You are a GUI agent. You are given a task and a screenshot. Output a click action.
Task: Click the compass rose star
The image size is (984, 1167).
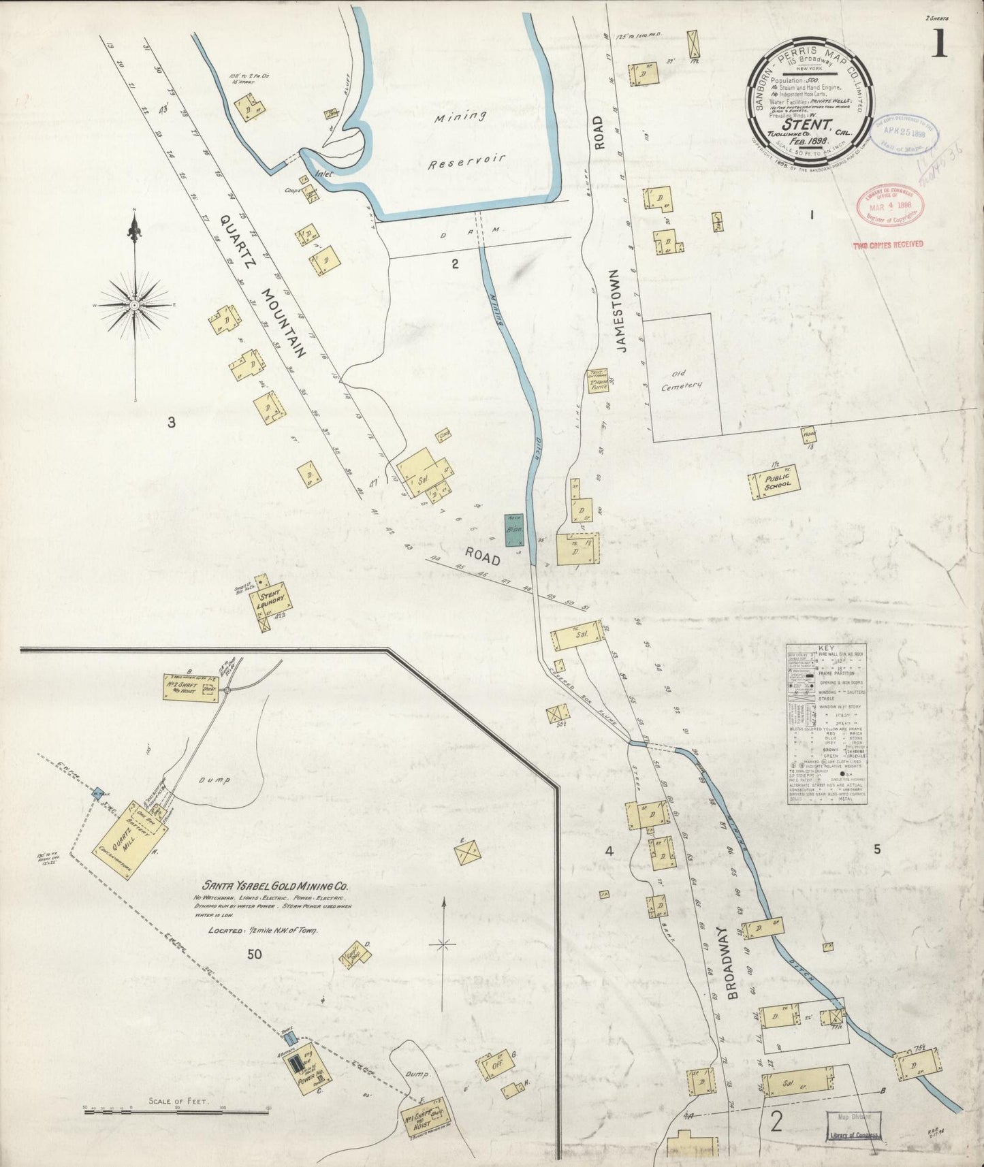click(134, 306)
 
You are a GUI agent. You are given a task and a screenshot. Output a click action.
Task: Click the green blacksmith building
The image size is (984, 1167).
click(514, 529)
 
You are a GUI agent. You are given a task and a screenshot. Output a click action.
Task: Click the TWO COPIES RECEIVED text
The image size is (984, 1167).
click(889, 244)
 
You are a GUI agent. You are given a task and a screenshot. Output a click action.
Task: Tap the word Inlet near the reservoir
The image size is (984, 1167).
click(323, 174)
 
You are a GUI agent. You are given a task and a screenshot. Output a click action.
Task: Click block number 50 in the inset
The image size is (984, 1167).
click(254, 954)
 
